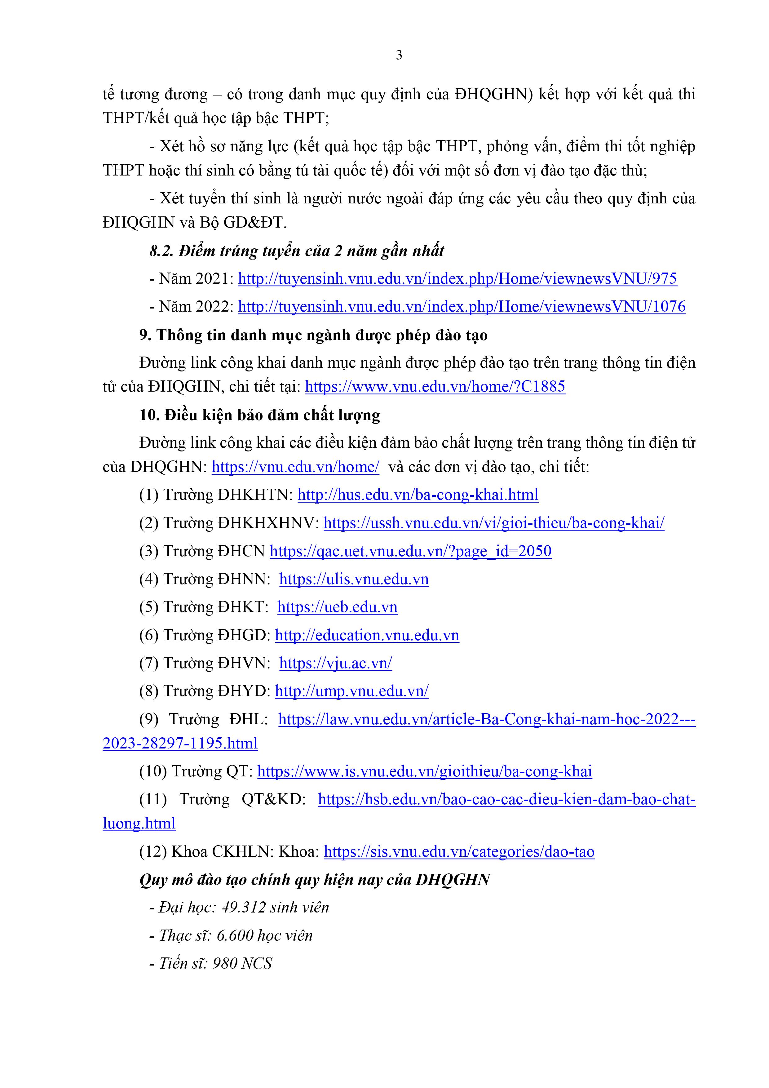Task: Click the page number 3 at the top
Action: point(399,56)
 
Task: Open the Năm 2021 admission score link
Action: point(457,279)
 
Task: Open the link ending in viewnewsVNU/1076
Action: point(462,307)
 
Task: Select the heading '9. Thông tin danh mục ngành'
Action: point(313,335)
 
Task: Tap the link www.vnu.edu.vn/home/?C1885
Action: point(435,387)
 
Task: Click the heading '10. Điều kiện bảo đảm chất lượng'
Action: point(260,415)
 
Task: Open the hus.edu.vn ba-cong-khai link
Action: point(418,495)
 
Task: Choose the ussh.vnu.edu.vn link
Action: point(494,523)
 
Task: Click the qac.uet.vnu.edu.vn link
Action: point(410,551)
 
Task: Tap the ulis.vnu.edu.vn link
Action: point(354,579)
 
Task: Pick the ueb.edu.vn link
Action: point(337,607)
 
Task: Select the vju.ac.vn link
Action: point(335,663)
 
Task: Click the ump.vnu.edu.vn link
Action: point(351,691)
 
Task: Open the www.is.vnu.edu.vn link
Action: point(425,771)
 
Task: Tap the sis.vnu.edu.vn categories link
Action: point(459,851)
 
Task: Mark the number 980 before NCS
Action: point(225,963)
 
